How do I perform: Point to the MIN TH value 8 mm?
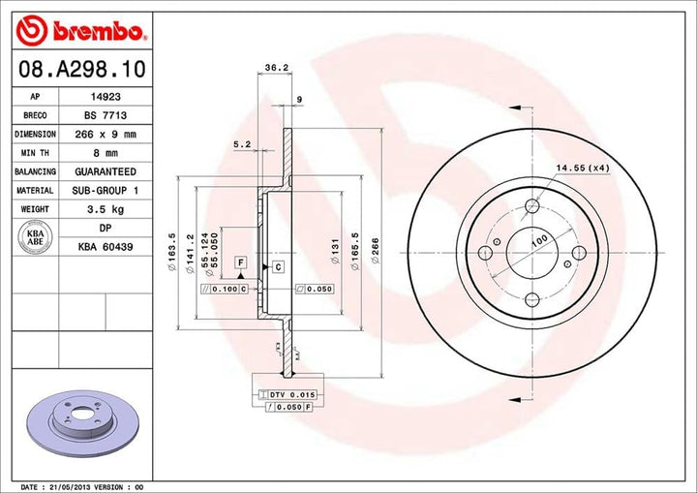[x=98, y=152]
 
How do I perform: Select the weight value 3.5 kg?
[x=98, y=208]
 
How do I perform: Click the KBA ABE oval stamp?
[x=34, y=236]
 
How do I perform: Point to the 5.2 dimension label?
[x=242, y=144]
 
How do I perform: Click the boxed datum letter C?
[x=276, y=265]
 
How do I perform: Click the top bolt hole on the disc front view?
[x=531, y=205]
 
